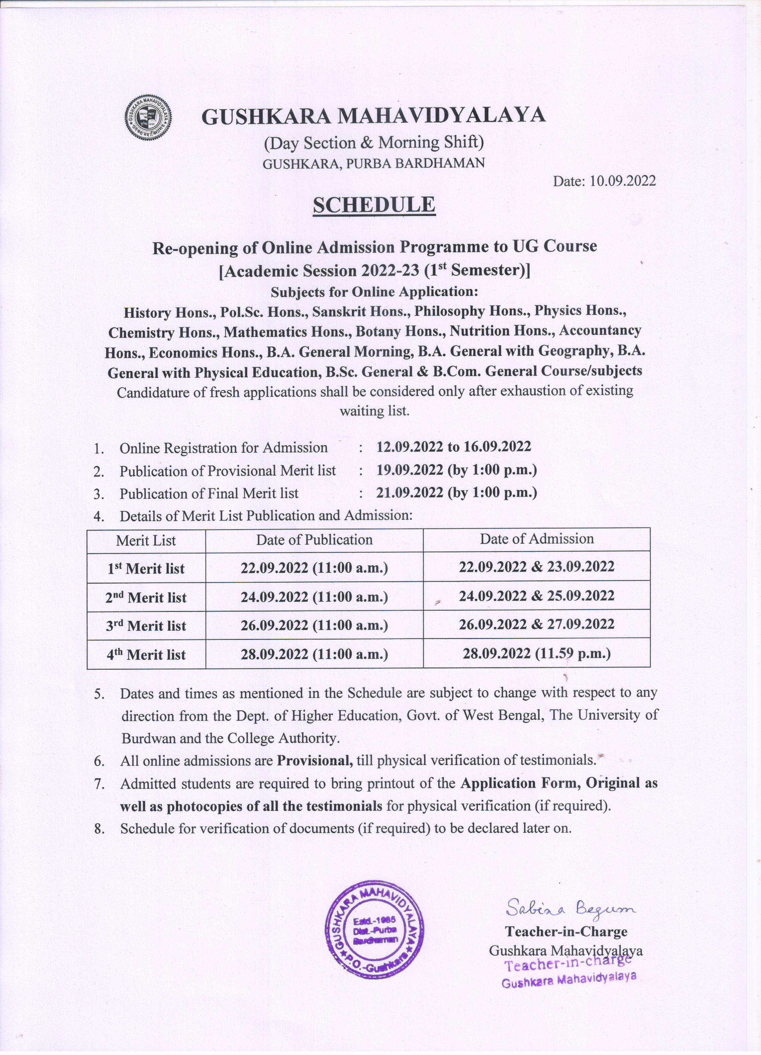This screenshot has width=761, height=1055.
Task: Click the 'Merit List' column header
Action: point(146,541)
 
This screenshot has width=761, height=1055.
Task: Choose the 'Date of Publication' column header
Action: point(314,540)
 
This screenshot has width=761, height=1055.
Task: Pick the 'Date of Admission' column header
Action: point(537,539)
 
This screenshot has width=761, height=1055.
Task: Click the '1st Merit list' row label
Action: point(146,569)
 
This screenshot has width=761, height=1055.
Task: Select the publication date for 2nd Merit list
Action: point(314,597)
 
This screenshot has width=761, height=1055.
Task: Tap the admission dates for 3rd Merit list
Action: point(537,624)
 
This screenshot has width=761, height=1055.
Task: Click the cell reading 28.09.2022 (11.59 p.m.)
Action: point(537,654)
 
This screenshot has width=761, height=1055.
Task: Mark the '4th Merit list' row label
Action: point(146,655)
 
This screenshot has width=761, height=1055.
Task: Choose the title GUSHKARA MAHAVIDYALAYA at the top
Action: point(373,116)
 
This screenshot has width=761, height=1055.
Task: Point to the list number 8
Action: point(99,829)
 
